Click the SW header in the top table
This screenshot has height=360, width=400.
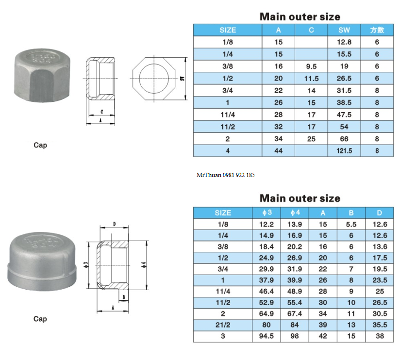click(344, 30)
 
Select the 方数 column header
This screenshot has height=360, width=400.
click(377, 30)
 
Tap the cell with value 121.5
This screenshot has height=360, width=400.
click(344, 151)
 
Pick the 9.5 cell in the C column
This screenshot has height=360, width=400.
click(311, 66)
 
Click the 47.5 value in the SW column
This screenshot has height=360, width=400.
click(344, 115)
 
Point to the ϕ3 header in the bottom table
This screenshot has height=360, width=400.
click(267, 213)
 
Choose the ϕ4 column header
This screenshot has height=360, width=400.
click(295, 213)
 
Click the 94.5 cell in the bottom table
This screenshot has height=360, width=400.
click(267, 336)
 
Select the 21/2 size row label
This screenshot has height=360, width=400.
click(223, 325)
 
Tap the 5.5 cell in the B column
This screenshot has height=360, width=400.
click(351, 224)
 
